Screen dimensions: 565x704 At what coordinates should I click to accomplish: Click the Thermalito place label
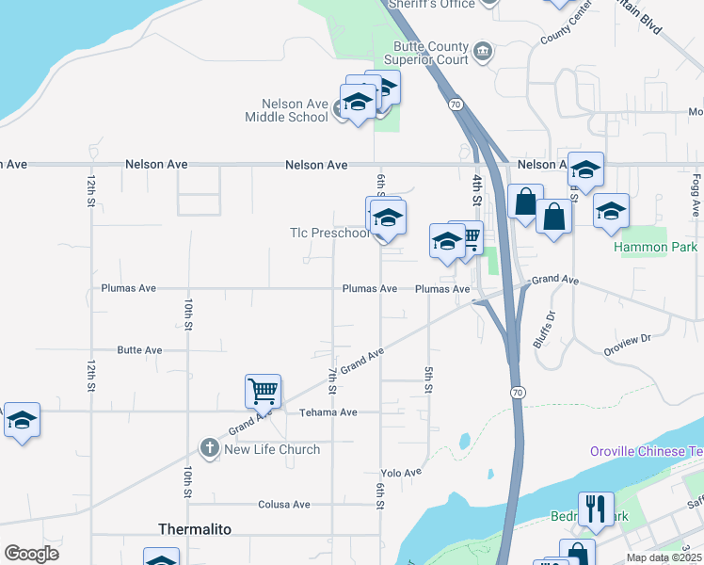(x=193, y=529)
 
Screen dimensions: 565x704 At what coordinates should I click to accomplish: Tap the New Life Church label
(x=272, y=449)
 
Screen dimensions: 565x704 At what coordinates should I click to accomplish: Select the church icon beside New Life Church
(x=211, y=448)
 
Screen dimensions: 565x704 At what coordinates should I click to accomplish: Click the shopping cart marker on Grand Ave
(x=263, y=389)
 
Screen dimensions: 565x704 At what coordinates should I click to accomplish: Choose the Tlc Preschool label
(x=328, y=233)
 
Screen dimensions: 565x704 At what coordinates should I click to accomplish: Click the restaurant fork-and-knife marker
(x=595, y=509)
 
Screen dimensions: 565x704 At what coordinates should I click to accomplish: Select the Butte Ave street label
(x=139, y=350)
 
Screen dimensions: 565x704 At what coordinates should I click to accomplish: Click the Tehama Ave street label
(x=328, y=412)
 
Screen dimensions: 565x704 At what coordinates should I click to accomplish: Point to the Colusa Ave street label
(x=284, y=505)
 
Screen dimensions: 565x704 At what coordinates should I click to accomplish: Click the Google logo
(x=32, y=554)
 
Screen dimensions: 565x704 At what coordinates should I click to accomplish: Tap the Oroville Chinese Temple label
(x=646, y=451)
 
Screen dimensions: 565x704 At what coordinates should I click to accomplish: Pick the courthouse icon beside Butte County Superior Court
(x=483, y=50)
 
